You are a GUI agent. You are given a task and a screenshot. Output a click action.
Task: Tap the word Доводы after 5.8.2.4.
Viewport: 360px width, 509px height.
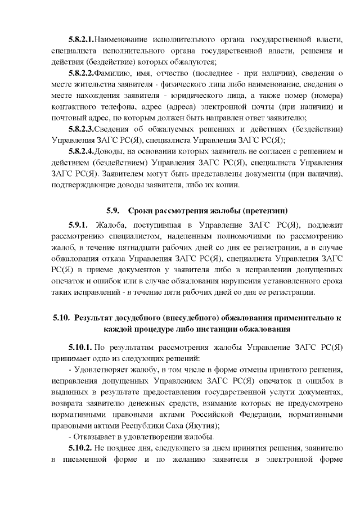[111, 151]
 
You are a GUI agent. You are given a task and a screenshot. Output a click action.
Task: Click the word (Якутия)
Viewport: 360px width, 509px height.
[200, 426]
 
